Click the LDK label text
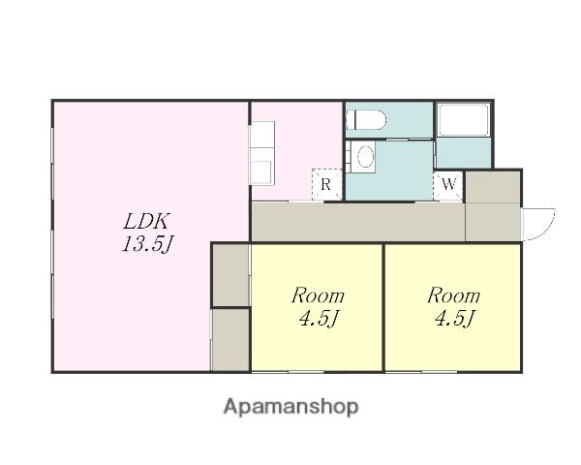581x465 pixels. click(146, 222)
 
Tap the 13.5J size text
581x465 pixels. click(148, 244)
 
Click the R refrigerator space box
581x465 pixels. click(326, 184)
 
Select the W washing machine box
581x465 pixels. click(448, 184)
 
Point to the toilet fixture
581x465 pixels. click(366, 120)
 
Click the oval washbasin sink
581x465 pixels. click(366, 156)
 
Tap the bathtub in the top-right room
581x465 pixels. click(463, 120)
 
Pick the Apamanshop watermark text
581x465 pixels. click(290, 407)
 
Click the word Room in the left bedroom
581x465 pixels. click(318, 295)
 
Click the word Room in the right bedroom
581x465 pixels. click(453, 295)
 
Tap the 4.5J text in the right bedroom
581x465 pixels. click(454, 318)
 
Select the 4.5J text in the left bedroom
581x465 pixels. click(319, 318)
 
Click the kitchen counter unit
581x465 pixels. click(262, 153)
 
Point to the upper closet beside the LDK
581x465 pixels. click(230, 275)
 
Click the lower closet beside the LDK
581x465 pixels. click(230, 340)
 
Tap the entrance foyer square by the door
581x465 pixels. click(493, 205)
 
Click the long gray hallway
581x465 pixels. click(358, 222)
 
